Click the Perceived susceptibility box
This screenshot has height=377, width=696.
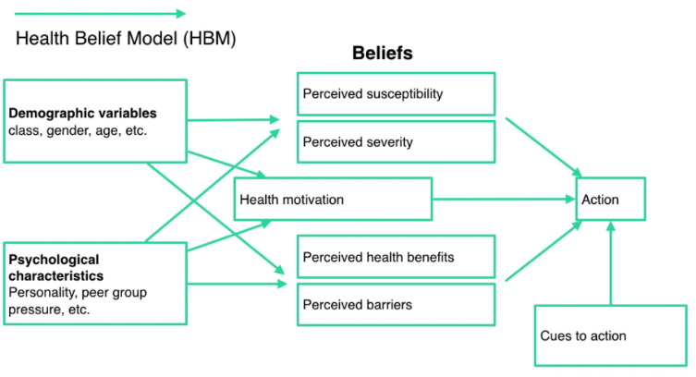396,94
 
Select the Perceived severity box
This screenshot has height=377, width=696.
396,142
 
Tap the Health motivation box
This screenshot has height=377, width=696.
333,199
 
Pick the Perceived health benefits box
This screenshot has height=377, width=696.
396,257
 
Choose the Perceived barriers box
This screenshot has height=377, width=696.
396,304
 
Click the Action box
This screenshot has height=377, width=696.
609,199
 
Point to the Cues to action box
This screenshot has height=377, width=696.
611,334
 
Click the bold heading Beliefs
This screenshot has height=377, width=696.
382,54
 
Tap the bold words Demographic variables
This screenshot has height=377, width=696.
83,114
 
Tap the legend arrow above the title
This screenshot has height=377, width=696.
100,13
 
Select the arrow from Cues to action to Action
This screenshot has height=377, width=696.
610,263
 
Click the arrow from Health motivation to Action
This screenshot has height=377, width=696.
504,199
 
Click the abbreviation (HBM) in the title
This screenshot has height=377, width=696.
209,39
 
